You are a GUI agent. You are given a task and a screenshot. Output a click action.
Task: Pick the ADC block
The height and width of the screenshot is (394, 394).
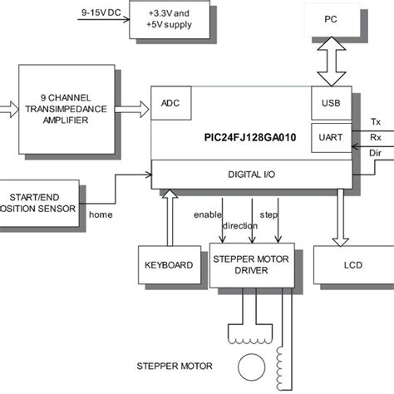point(171,106)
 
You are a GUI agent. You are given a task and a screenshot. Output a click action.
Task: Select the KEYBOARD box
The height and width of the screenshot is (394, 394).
point(169,265)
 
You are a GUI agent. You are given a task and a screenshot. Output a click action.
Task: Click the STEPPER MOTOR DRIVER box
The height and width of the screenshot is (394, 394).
point(250,263)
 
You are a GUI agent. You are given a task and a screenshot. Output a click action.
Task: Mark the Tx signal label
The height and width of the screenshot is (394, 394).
point(375,121)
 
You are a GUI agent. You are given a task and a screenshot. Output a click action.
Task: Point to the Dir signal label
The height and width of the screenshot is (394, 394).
point(375,153)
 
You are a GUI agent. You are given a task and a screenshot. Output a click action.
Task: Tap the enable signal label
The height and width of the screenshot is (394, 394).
point(208,215)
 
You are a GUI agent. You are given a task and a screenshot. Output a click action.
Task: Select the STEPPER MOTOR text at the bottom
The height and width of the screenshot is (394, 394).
point(175,365)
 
